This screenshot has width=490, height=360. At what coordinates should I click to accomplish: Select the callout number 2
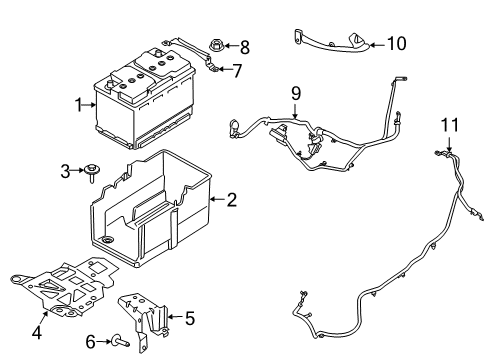click(231, 200)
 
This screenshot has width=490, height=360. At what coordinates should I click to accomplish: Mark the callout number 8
click(245, 46)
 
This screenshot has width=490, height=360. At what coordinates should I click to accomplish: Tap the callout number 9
click(295, 95)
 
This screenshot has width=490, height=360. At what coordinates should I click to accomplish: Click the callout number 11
click(449, 124)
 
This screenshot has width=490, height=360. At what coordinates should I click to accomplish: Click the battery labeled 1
click(140, 100)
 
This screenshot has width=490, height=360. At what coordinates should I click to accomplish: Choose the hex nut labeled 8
click(218, 46)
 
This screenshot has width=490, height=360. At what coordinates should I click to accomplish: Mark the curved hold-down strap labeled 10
click(330, 41)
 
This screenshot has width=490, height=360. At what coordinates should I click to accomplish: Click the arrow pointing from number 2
click(217, 200)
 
